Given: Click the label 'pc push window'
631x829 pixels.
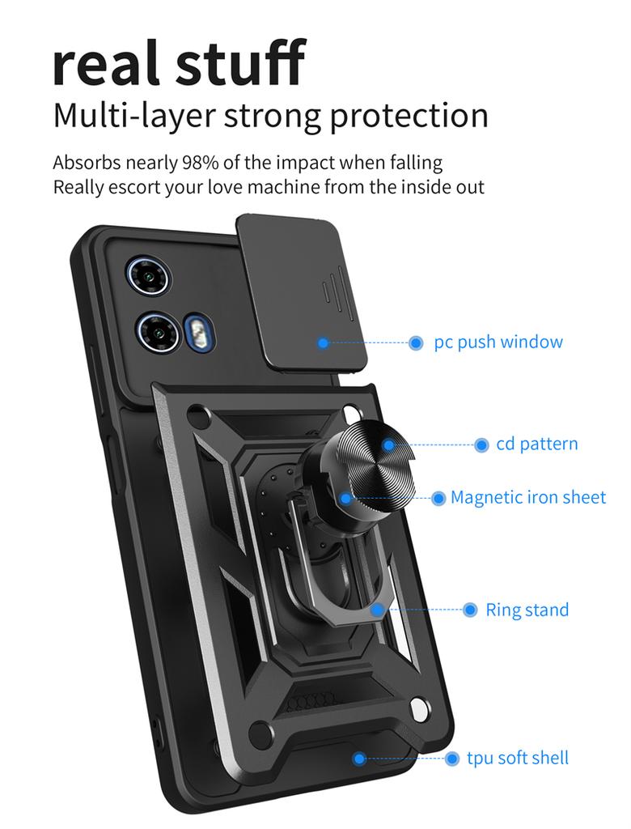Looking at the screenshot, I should [x=498, y=342].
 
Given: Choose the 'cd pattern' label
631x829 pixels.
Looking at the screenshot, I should [x=537, y=444].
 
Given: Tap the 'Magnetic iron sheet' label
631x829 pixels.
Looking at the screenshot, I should [x=528, y=497].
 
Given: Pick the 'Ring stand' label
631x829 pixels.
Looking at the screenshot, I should [x=527, y=610].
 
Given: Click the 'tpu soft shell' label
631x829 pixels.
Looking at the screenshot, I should [x=518, y=758].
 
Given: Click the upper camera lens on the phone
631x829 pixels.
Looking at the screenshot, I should [x=149, y=275].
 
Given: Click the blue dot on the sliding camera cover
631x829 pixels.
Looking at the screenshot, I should [x=323, y=343].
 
